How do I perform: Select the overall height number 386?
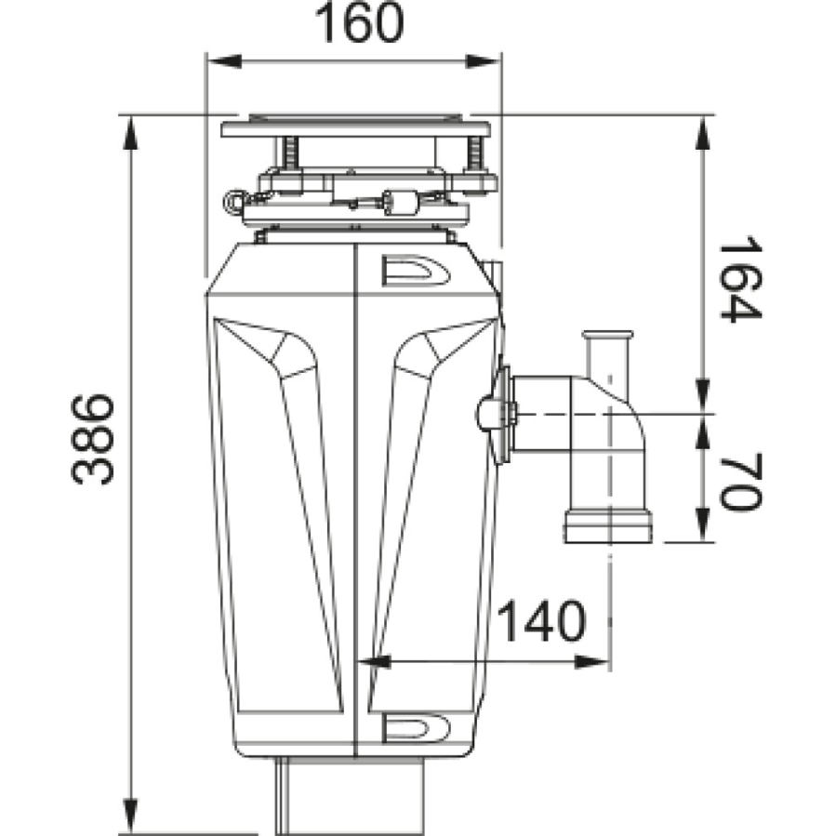click(x=93, y=438)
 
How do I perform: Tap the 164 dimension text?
click(x=740, y=279)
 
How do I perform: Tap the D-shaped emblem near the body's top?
click(x=415, y=271)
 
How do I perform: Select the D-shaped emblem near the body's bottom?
click(x=415, y=726)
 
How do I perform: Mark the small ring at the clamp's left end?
click(x=232, y=199)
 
